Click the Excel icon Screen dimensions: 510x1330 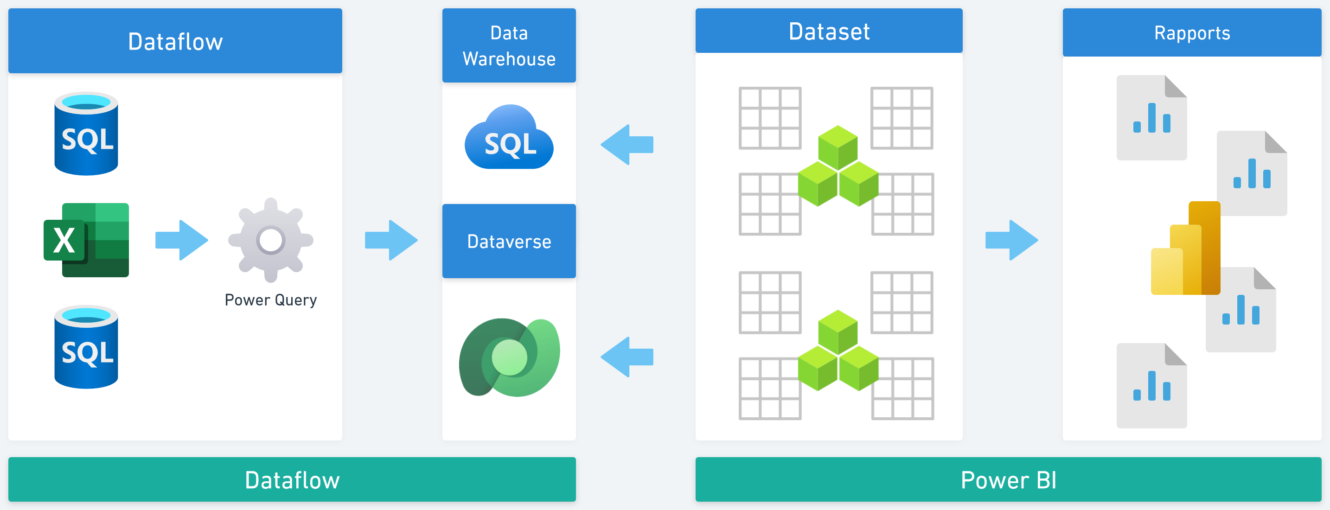point(86,240)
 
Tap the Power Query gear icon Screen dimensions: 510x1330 point(270,240)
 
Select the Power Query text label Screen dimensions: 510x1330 point(270,300)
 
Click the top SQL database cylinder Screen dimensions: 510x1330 point(86,134)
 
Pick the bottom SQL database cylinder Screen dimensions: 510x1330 point(86,347)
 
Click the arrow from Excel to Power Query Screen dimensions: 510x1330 point(182,240)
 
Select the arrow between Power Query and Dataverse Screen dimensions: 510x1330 point(391,240)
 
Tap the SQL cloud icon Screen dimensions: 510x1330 point(509,138)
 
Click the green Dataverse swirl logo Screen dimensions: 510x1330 point(509,357)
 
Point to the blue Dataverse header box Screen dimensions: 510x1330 point(509,241)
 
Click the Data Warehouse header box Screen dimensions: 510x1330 point(509,45)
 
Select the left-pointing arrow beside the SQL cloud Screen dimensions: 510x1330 point(627,145)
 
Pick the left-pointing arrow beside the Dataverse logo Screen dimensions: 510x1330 point(627,357)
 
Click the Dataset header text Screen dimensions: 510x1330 point(829,32)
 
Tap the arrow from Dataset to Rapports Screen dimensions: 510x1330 point(1011,240)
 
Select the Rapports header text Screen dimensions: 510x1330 point(1192,33)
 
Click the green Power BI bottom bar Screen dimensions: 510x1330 point(1008,479)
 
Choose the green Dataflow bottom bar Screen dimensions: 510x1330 point(292,479)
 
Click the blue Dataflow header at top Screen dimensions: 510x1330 point(175,41)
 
